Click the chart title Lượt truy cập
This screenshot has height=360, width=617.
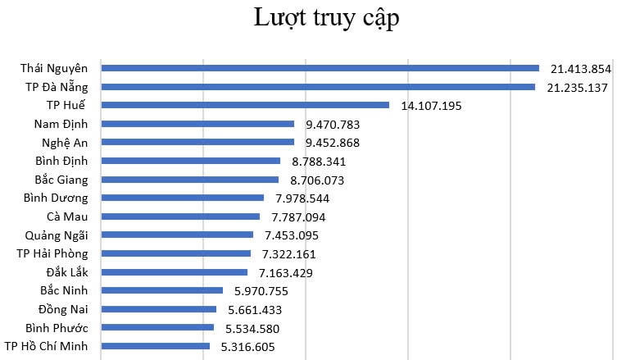point(325,19)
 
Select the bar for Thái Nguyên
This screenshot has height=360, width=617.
point(320,68)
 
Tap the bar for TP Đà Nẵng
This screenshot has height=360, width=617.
point(318,87)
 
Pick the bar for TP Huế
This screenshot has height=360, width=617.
point(245,105)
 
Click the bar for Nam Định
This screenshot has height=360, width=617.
point(197,124)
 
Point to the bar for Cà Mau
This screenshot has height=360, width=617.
point(180,216)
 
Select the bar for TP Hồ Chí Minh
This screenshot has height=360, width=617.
point(155,346)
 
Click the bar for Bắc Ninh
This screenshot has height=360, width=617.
point(161,290)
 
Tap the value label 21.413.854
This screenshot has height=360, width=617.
point(581,69)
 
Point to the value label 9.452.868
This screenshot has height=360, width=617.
point(333,143)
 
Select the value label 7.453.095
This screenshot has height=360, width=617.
point(291,235)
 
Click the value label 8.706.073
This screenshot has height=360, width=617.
point(316,180)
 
